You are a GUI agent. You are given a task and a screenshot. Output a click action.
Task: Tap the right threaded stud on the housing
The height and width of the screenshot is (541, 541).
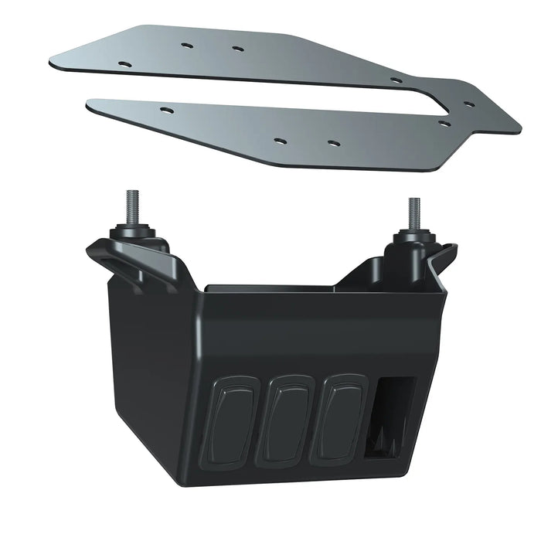(x=414, y=213)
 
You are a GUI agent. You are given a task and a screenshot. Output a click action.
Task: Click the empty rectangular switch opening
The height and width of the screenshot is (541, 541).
(x=392, y=418)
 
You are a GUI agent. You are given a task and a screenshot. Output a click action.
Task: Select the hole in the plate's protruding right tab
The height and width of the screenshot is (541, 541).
(x=468, y=104)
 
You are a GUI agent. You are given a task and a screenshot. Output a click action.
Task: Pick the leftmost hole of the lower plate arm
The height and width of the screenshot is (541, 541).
(x=165, y=109)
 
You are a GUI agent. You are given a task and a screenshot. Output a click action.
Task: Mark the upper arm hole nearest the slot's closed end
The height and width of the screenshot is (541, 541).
(x=396, y=80)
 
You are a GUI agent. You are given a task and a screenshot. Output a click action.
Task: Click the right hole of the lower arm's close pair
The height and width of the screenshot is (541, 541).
(x=332, y=143)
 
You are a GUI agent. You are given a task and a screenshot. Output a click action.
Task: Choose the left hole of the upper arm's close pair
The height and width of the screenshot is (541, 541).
(x=186, y=45)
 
